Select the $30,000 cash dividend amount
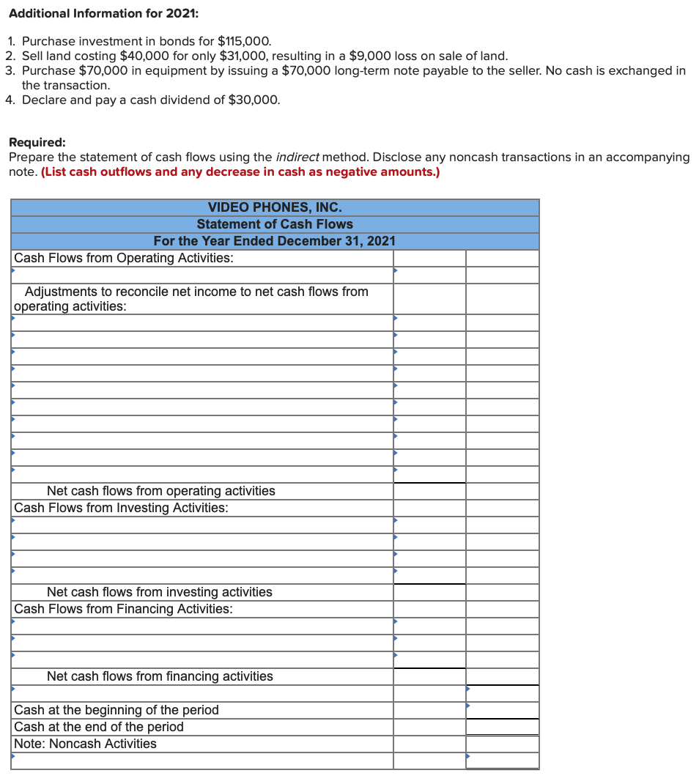click(254, 100)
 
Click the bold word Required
click(37, 143)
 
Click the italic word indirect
click(297, 157)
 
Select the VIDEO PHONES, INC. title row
click(275, 207)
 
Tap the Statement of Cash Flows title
click(275, 224)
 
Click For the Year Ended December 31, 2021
click(275, 241)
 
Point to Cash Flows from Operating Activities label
click(124, 258)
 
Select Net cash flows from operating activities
click(160, 491)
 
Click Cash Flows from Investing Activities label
click(121, 508)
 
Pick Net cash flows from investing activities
click(159, 592)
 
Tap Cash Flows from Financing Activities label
click(123, 609)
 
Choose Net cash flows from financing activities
click(160, 676)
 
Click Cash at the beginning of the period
click(116, 710)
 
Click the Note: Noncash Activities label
click(85, 744)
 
